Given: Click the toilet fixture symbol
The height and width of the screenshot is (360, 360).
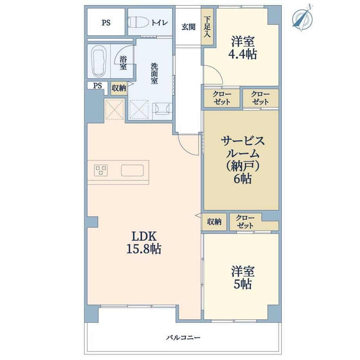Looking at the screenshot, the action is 138,23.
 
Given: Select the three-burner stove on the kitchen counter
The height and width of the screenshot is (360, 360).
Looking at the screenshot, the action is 101,170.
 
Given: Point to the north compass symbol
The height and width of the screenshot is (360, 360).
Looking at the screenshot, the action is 302,18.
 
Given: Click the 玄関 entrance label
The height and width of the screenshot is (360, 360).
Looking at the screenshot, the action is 189,27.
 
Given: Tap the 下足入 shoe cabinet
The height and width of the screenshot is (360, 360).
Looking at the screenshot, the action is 207,27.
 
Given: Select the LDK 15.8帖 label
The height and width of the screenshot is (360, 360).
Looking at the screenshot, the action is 144,243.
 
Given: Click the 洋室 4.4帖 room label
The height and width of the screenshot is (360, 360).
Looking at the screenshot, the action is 243,48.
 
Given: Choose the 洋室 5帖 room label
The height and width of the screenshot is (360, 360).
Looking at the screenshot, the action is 243,277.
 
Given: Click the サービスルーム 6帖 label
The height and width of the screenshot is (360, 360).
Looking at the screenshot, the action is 243,160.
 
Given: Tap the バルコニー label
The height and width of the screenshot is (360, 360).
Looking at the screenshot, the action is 183,337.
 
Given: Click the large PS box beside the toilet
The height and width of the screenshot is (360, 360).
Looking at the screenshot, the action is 106,22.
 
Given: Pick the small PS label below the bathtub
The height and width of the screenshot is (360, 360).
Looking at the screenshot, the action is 97,86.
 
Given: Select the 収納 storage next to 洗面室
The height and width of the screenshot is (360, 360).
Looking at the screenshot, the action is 119,88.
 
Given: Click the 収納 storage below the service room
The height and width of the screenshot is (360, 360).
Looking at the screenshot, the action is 214,222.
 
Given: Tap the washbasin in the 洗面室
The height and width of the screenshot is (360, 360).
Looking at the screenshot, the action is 162,108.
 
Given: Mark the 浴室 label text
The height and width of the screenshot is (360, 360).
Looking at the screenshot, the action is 123,63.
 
